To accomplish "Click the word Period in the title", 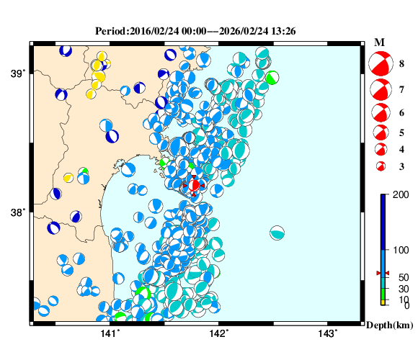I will coord(110,32).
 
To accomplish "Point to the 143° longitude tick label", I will coord(327,333).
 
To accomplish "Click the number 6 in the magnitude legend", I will coord(401,113).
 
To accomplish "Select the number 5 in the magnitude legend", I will coord(401,132).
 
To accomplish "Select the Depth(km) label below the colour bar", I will coord(390,325).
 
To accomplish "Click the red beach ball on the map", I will coord(194,185).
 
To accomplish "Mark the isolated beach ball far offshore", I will coord(277,233).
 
